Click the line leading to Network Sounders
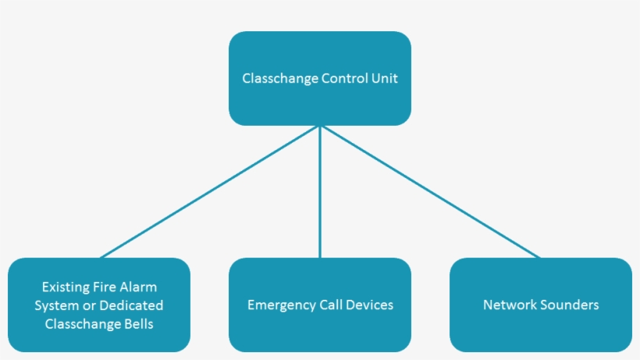(429, 191)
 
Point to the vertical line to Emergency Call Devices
(320, 191)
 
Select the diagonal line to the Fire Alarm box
(211, 191)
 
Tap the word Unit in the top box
(384, 79)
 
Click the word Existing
(66, 287)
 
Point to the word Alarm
(138, 287)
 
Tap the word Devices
(368, 305)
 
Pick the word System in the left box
(56, 305)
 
